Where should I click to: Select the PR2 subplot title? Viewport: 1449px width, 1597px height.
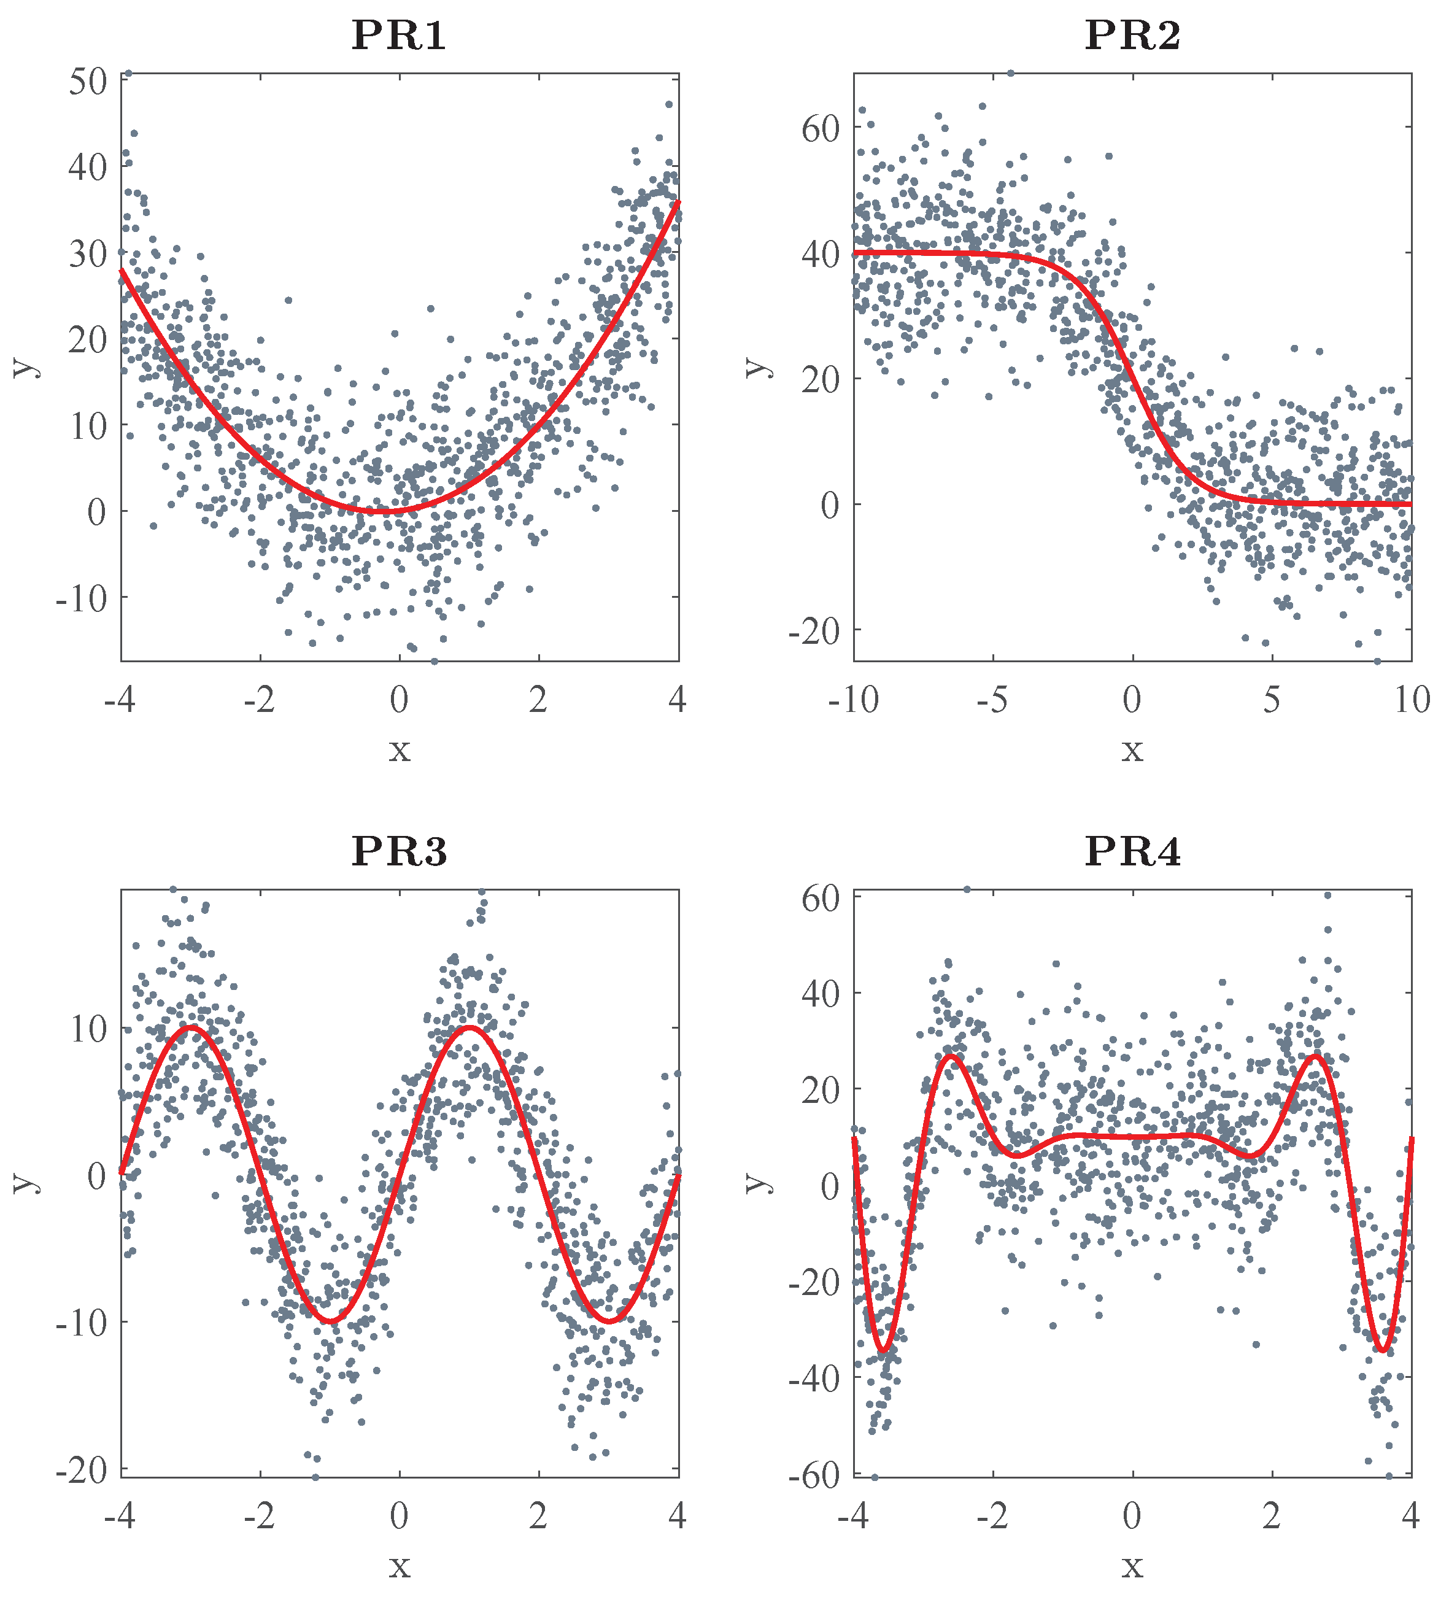(1132, 36)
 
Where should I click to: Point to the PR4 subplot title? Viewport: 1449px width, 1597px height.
(1132, 851)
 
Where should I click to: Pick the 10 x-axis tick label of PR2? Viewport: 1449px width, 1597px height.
(1412, 700)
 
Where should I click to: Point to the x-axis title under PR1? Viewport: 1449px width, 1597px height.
(400, 749)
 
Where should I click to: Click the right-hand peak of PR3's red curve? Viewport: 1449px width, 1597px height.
(469, 1028)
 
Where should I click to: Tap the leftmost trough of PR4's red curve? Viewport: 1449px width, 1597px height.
(883, 1350)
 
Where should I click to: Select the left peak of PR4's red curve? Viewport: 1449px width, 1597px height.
(951, 1056)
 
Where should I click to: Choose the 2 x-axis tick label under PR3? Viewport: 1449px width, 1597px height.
(538, 1516)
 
